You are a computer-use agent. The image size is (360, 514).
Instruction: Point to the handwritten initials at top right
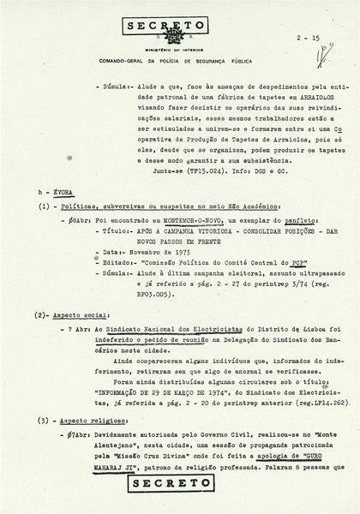(x=325, y=57)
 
